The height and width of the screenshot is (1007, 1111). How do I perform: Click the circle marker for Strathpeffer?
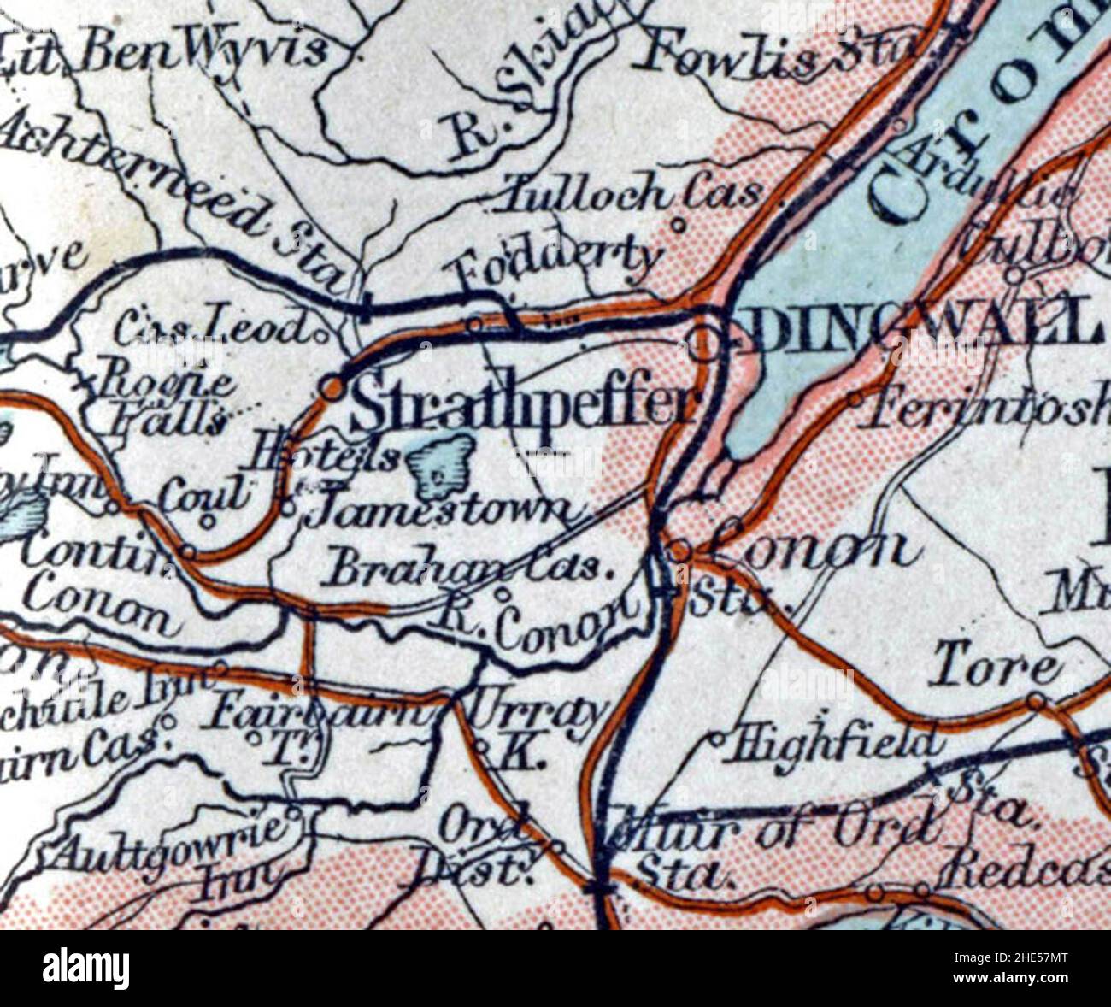point(332,389)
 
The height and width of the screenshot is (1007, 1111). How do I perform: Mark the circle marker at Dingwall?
point(705,344)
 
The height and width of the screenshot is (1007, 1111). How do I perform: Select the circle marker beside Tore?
point(1036,702)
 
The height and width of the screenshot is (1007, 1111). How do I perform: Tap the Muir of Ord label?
point(769,829)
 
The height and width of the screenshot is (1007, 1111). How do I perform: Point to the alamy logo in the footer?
point(86,969)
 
